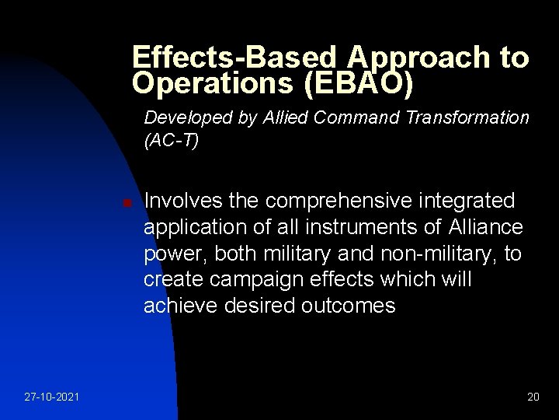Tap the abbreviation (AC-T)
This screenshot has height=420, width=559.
(172, 142)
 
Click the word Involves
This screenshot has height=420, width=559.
(180, 201)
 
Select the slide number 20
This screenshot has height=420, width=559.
(533, 397)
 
